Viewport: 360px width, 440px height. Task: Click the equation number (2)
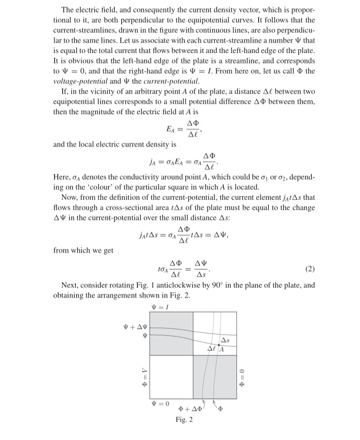(309, 269)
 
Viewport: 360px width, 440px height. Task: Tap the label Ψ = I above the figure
(156, 307)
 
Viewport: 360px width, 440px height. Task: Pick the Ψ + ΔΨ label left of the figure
(133, 326)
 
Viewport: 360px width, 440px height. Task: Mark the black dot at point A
(219, 345)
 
